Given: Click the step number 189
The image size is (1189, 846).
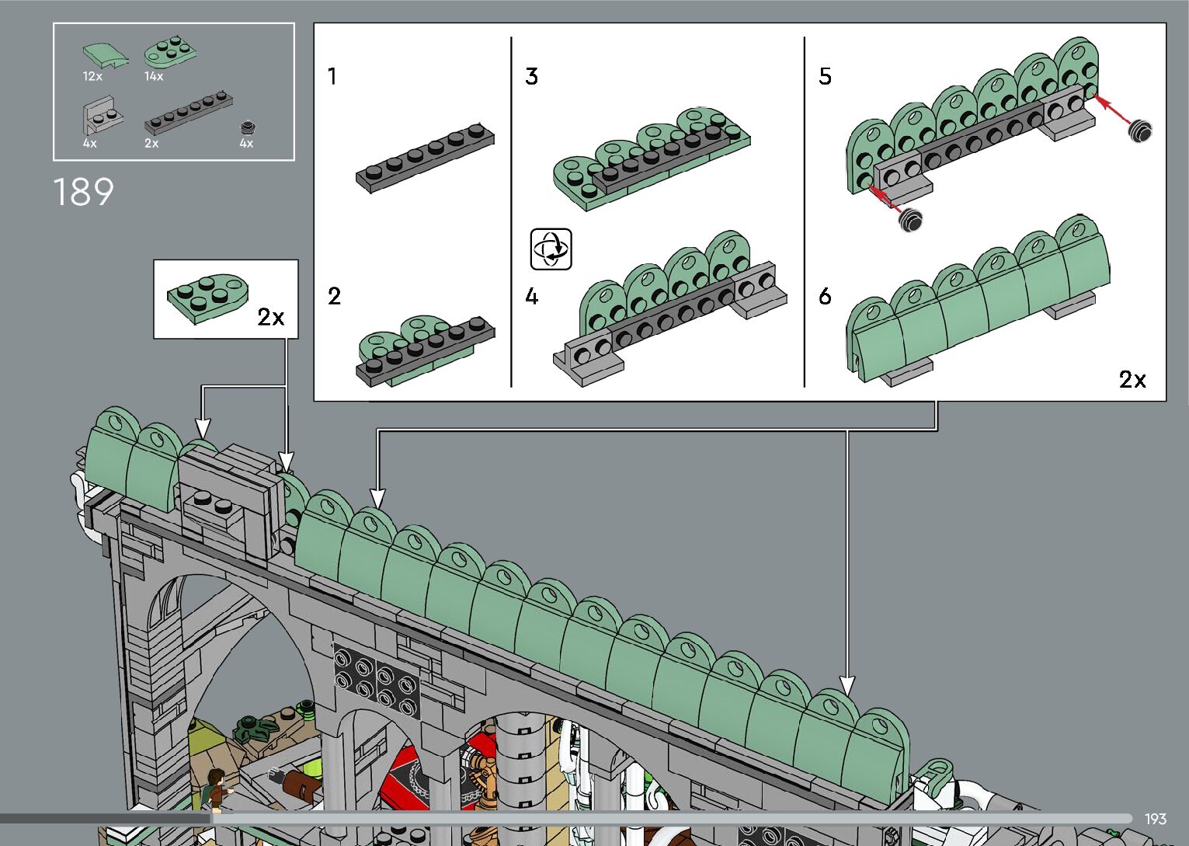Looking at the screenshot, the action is [83, 192].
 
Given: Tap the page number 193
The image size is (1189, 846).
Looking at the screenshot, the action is [1156, 820].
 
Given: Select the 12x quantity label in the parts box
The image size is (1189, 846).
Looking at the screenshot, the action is [92, 76].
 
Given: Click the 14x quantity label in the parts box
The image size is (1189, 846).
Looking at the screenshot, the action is [154, 76].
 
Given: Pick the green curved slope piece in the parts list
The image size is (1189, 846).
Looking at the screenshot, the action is [106, 55].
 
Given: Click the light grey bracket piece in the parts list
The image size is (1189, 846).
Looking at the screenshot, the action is [102, 116].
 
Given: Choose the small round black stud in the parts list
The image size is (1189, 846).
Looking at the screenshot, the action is [248, 127].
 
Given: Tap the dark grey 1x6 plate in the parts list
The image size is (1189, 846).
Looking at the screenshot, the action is [189, 113].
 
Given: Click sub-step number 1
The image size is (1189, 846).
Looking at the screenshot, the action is [332, 76].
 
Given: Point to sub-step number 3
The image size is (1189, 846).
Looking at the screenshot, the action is [531, 76].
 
